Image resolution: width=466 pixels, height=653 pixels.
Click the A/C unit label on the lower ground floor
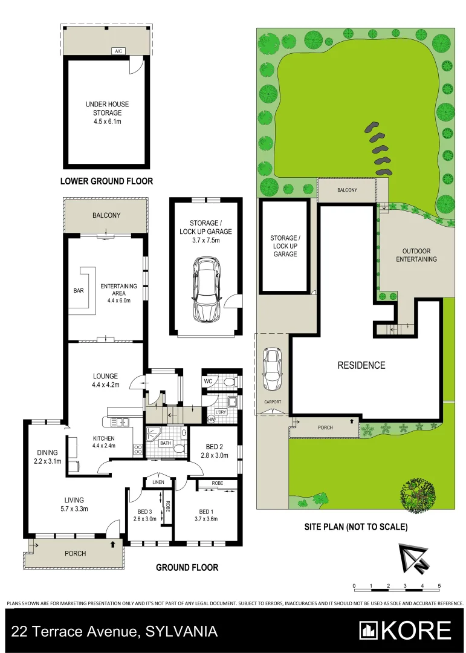[118, 51]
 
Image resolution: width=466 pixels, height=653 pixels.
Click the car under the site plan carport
[273, 370]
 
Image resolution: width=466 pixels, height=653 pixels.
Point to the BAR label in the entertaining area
[79, 291]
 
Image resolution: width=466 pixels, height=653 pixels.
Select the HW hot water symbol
[211, 419]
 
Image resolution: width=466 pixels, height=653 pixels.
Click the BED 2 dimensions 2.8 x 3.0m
[215, 455]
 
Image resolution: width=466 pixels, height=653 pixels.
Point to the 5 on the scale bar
[439, 586]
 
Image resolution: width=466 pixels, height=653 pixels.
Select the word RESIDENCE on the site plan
[361, 365]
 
